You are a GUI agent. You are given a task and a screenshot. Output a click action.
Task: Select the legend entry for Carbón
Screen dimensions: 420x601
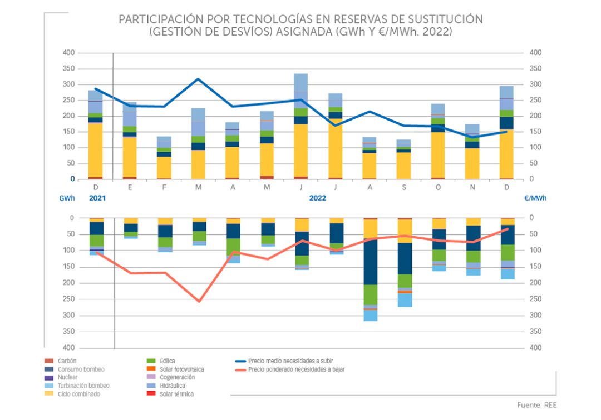67,361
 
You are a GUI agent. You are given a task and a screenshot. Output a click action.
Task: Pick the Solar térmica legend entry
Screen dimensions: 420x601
176,394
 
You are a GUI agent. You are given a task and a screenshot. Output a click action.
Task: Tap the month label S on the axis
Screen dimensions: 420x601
405,188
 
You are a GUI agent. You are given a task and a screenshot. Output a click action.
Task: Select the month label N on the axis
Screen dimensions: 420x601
472,188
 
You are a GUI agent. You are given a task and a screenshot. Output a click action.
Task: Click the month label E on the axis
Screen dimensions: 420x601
130,188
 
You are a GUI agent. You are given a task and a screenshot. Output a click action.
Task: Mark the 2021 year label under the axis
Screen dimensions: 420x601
97,197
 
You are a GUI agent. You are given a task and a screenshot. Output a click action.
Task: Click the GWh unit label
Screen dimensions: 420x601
67,197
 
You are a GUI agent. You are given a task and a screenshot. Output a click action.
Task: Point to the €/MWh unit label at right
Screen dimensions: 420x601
535,197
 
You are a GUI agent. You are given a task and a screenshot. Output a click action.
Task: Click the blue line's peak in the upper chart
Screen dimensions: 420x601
198,79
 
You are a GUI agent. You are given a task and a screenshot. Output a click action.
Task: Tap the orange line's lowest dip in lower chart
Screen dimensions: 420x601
199,301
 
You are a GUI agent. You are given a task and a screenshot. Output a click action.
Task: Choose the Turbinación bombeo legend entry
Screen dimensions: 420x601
83,386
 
